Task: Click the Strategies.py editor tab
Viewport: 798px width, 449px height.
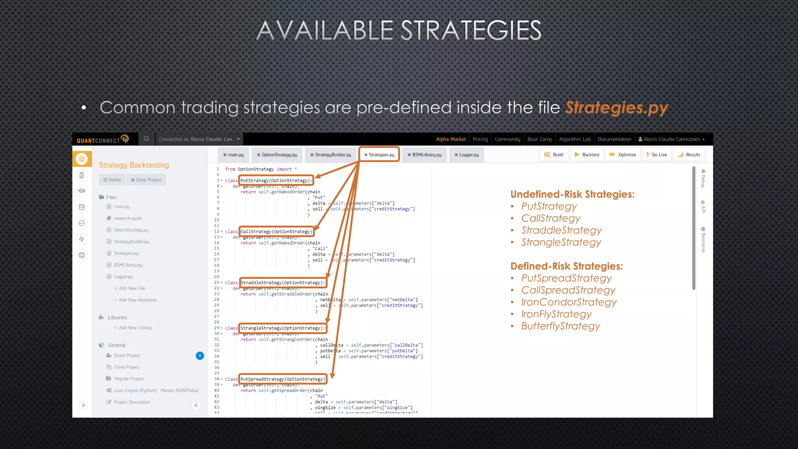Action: pyautogui.click(x=379, y=155)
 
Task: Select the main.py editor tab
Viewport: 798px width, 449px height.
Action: pyautogui.click(x=233, y=155)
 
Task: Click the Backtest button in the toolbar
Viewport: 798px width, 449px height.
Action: pyautogui.click(x=587, y=155)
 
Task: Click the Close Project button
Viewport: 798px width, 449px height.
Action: pyautogui.click(x=146, y=180)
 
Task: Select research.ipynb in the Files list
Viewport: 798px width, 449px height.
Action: pyautogui.click(x=127, y=218)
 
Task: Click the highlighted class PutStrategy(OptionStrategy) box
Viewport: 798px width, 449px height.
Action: pyautogui.click(x=276, y=180)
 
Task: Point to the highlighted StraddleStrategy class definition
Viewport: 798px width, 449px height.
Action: pyautogui.click(x=282, y=283)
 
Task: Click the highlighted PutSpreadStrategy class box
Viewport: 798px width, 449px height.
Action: pyautogui.click(x=282, y=379)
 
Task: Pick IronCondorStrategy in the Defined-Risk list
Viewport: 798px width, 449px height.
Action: pyautogui.click(x=568, y=302)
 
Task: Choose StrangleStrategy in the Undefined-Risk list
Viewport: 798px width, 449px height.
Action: pyautogui.click(x=561, y=242)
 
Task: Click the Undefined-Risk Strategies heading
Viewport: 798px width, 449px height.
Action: pyautogui.click(x=572, y=194)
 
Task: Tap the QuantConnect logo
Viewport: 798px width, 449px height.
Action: pyautogui.click(x=102, y=139)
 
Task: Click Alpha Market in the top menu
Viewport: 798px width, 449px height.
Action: pyautogui.click(x=450, y=139)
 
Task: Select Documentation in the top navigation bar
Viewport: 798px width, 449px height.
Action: pyautogui.click(x=614, y=139)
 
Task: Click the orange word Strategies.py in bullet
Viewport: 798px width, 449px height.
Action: pyautogui.click(x=616, y=108)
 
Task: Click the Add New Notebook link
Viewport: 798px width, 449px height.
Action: pyautogui.click(x=138, y=300)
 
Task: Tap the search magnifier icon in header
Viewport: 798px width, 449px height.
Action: pyautogui.click(x=147, y=139)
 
